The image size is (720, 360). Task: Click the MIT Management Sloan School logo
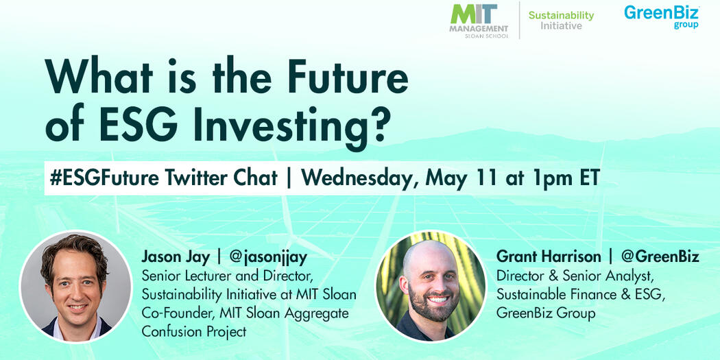479,21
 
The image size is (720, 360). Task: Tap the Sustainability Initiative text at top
561,21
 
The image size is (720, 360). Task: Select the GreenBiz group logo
661,16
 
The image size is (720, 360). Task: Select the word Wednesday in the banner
361,178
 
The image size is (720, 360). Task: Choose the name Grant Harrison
549,257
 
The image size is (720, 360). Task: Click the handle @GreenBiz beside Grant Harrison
660,257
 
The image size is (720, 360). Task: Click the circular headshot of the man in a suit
75,286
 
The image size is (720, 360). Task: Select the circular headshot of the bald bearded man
431,286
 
